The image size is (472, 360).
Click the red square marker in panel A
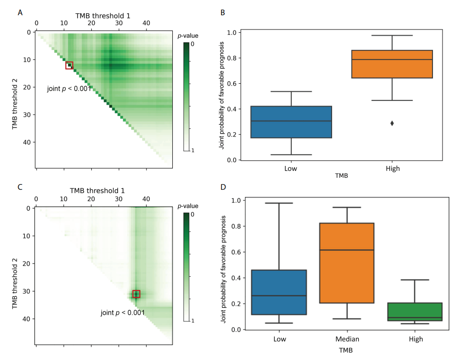point(69,65)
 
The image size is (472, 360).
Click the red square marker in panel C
point(137,294)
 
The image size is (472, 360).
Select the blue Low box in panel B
point(291,122)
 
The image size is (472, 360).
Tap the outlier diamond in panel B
point(392,123)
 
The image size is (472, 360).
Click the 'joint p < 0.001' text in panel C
point(122,312)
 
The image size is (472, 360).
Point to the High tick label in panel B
point(392,169)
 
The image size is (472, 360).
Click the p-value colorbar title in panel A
point(190,35)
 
